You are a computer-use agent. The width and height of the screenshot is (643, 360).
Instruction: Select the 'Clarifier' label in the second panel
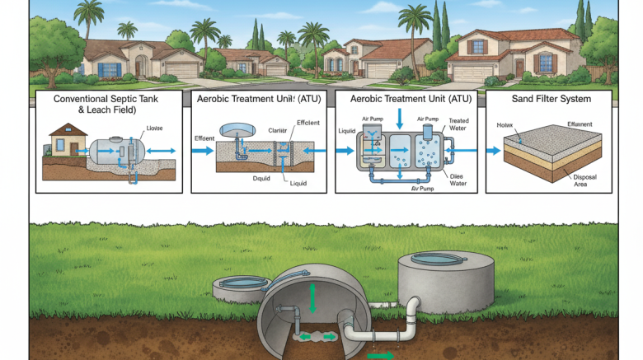[279, 130]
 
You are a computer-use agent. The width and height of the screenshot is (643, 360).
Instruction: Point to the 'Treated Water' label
[458, 124]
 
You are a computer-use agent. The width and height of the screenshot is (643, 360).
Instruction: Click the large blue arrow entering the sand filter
[492, 151]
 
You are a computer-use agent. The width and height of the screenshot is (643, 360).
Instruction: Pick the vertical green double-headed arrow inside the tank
[313, 297]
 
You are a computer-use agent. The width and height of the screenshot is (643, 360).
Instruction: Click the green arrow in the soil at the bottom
[380, 355]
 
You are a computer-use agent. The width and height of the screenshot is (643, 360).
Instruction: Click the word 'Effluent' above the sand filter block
[580, 124]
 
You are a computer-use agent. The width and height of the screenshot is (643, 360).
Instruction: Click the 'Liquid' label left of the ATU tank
[346, 130]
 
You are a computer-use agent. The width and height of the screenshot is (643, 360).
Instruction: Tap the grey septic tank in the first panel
[115, 152]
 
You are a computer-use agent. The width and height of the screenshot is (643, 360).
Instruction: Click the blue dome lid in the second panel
[235, 130]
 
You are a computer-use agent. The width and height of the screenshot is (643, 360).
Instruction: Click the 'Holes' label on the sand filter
[505, 125]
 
